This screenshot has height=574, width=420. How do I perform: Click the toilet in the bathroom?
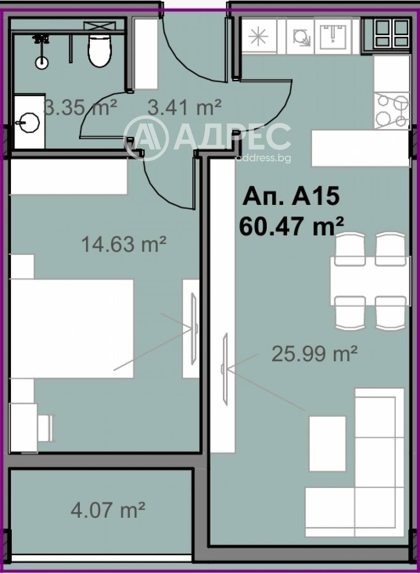coord(100,50)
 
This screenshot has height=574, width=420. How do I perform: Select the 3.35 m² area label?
coord(81,107)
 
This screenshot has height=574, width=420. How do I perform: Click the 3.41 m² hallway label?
coord(184,107)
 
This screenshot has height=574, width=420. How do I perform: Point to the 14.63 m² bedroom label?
coord(124,244)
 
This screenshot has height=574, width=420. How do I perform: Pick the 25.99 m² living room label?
coord(315,354)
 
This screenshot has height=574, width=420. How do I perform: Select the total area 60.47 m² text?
coord(291,226)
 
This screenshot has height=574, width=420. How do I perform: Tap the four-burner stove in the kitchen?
coord(391,111)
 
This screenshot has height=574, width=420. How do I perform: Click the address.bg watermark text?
coord(263,158)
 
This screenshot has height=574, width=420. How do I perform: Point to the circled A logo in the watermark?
coord(146,139)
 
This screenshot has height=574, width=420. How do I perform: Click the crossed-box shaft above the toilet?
coord(100,26)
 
